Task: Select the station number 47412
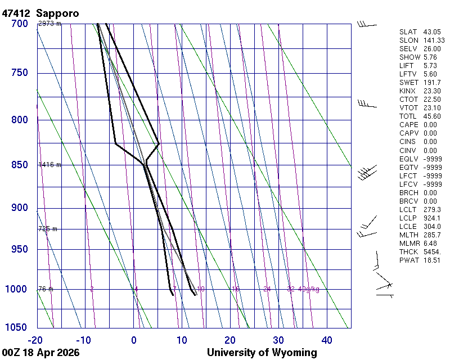point(16,13)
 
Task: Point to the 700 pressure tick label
point(20,24)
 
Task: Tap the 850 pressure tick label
point(20,165)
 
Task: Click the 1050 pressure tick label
point(17,327)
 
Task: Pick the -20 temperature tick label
point(36,340)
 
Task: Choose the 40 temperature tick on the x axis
point(327,340)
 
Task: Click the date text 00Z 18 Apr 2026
point(40,353)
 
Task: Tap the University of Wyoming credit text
point(262,353)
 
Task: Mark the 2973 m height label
point(49,24)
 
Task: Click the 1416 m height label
point(49,165)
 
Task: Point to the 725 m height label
point(48,229)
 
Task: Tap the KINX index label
point(408,91)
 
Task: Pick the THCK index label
point(408,252)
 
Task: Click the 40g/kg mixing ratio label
point(309,289)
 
